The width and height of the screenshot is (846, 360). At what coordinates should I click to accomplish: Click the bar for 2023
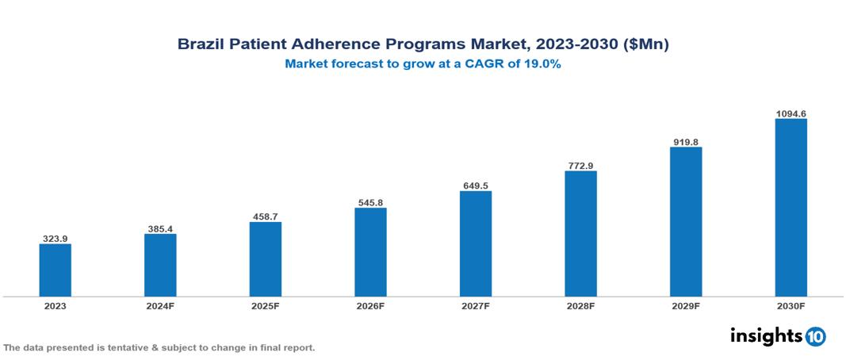56,270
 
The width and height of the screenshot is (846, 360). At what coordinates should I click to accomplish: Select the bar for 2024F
160,265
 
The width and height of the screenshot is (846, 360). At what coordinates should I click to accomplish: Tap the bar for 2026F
370,252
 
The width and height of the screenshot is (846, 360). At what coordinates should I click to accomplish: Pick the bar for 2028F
580,234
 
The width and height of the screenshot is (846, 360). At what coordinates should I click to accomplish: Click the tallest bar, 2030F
790,208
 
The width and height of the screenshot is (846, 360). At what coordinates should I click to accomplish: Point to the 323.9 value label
56,238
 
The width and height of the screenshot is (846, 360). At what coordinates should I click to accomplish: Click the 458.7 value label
266,216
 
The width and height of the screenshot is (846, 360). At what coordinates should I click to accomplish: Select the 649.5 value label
476,186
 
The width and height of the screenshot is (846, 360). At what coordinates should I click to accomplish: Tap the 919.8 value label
686,142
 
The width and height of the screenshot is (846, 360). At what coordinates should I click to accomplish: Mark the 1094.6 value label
790,114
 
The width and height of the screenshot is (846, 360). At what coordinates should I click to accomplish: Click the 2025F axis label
266,305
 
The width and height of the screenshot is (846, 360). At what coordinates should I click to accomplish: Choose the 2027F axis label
476,305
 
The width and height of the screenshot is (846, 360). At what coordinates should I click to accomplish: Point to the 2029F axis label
686,305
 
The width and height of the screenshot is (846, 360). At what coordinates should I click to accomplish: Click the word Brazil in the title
199,45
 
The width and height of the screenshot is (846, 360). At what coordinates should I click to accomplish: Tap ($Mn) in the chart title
646,45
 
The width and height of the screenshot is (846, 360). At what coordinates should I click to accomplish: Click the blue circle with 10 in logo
815,336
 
